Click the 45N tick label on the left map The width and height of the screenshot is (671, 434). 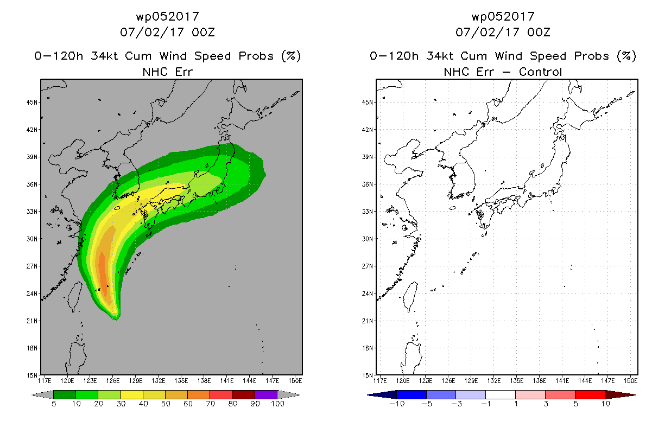(32, 103)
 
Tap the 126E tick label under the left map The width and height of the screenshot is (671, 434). (112, 381)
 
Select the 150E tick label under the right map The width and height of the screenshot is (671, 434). (631, 381)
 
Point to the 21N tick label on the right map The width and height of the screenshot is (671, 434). (368, 321)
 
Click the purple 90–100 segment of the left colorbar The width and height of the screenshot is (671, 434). (266, 394)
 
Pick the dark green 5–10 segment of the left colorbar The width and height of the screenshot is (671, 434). (65, 394)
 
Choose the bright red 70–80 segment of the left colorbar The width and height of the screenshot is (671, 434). (221, 394)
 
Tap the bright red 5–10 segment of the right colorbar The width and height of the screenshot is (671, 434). (590, 394)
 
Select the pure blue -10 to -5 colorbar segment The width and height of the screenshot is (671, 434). (412, 394)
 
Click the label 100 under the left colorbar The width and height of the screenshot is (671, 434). (277, 404)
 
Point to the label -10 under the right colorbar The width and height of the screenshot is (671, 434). (397, 404)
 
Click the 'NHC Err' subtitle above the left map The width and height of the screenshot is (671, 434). (167, 72)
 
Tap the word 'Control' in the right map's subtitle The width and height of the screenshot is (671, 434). (540, 72)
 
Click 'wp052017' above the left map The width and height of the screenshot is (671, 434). (167, 16)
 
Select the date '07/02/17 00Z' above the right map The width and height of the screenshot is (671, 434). (503, 32)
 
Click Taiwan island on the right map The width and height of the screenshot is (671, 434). (410, 296)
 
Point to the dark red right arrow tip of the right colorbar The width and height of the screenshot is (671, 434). (635, 395)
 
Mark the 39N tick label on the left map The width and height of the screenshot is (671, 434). (32, 157)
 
